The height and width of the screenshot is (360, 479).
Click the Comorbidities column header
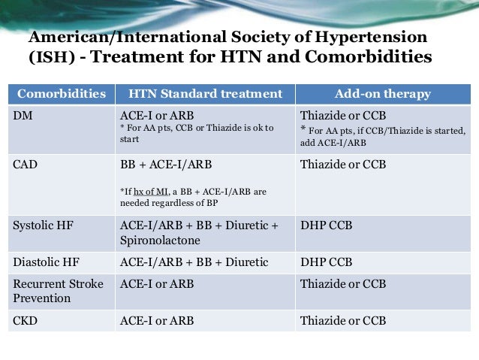[61, 94]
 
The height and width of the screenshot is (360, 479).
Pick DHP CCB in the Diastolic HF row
[327, 262]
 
